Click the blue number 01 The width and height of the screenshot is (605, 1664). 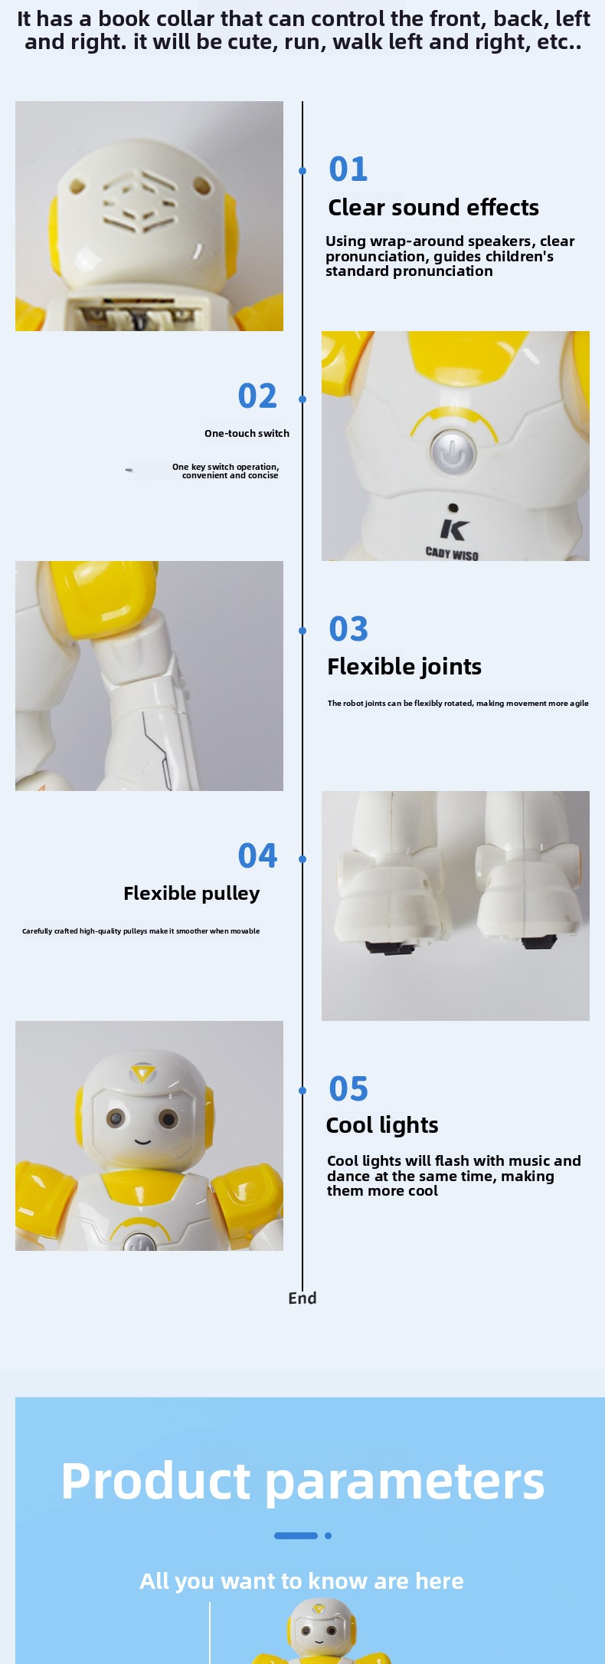click(348, 169)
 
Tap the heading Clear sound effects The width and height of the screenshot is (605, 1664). click(433, 208)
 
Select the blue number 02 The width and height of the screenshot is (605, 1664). click(257, 395)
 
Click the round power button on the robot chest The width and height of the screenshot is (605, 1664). click(453, 453)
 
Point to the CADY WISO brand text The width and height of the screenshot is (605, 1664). click(452, 553)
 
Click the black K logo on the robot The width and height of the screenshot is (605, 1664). click(454, 529)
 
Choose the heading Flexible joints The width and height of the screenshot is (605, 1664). click(404, 667)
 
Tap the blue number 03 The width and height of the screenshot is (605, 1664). click(348, 629)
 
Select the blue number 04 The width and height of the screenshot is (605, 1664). click(257, 855)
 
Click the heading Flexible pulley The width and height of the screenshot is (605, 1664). click(191, 894)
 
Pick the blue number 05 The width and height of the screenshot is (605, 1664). click(348, 1088)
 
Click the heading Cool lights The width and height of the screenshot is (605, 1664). click(382, 1125)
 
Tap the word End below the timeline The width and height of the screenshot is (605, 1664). click(302, 1298)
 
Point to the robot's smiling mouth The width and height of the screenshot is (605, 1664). click(142, 1141)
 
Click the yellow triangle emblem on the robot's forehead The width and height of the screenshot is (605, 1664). click(142, 1072)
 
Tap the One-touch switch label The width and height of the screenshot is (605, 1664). click(247, 434)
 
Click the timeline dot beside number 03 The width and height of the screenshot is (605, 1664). click(302, 631)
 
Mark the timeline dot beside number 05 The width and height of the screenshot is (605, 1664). click(302, 1091)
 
